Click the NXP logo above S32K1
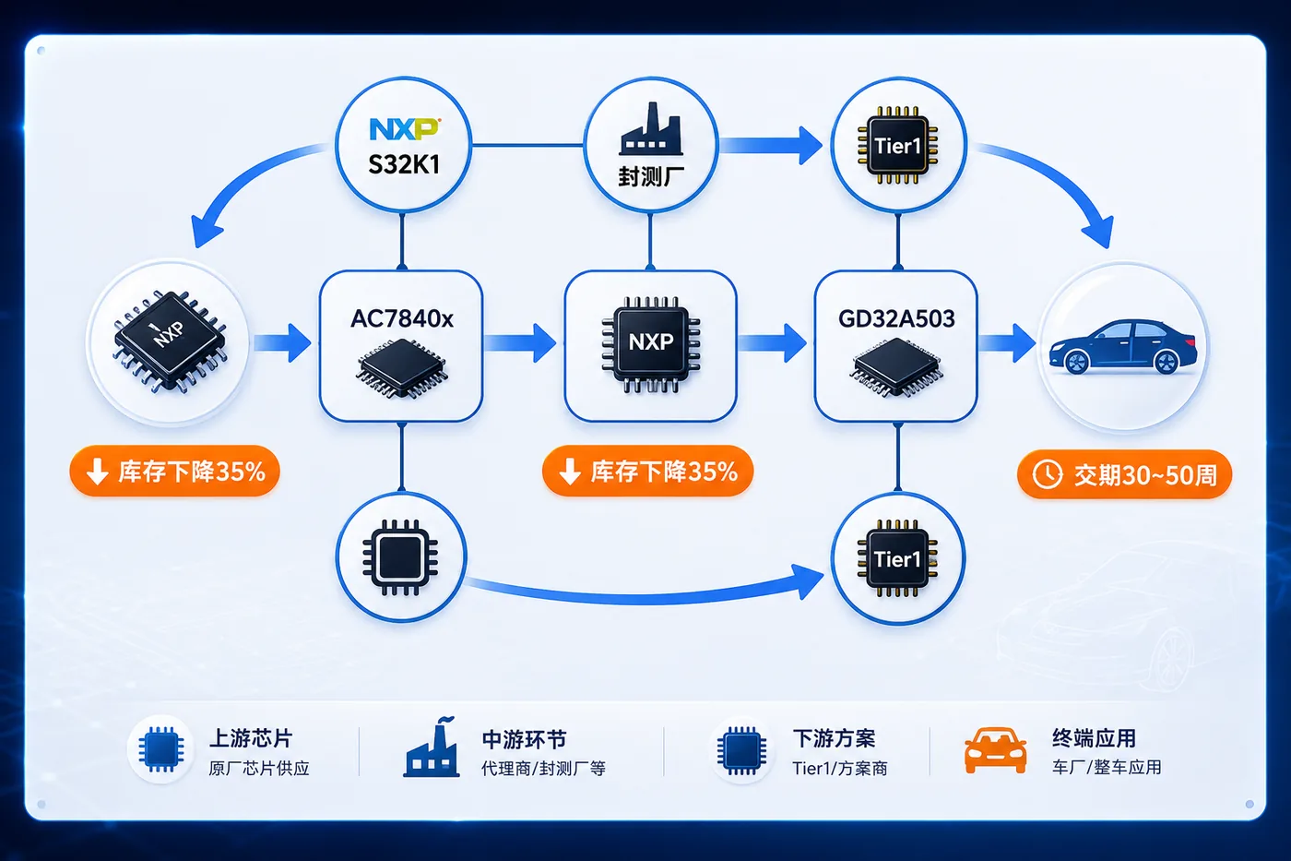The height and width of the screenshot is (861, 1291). (x=404, y=129)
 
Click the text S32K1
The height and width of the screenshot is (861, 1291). (x=404, y=165)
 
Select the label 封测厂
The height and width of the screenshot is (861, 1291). (x=651, y=176)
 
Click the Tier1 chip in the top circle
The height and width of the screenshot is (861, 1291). (x=897, y=145)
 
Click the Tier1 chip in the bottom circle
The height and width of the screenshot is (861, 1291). (x=897, y=558)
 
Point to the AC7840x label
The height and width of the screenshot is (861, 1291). (x=402, y=318)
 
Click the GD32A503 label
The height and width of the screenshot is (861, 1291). (x=896, y=318)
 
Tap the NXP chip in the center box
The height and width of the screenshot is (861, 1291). (x=651, y=344)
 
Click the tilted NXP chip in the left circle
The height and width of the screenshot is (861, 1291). (x=170, y=342)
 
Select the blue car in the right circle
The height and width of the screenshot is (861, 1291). (x=1123, y=347)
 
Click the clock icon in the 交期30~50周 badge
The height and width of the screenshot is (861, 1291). (x=1047, y=474)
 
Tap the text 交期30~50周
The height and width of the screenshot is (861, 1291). (x=1145, y=475)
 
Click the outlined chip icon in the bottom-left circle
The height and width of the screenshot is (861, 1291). (x=400, y=557)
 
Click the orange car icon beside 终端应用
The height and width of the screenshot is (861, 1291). (x=995, y=750)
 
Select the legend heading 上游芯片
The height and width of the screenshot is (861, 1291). (x=251, y=738)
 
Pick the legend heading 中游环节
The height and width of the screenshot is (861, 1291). (x=524, y=739)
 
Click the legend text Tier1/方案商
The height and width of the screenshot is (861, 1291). (x=840, y=768)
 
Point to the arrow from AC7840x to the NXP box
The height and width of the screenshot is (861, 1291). (x=520, y=343)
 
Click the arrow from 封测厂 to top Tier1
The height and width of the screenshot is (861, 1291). (x=771, y=145)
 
